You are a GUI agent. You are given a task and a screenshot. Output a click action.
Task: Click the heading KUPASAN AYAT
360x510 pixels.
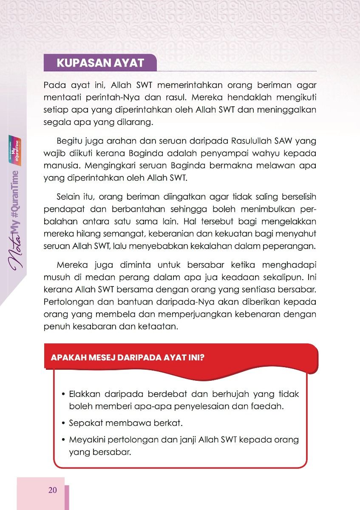(100, 63)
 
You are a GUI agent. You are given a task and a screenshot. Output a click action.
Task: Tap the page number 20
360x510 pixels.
(53, 490)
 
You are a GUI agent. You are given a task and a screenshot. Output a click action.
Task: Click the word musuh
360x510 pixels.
(55, 278)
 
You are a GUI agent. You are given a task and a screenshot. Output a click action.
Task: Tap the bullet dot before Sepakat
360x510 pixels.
(63, 424)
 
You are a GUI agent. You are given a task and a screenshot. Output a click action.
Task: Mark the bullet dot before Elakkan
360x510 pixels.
(63, 394)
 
